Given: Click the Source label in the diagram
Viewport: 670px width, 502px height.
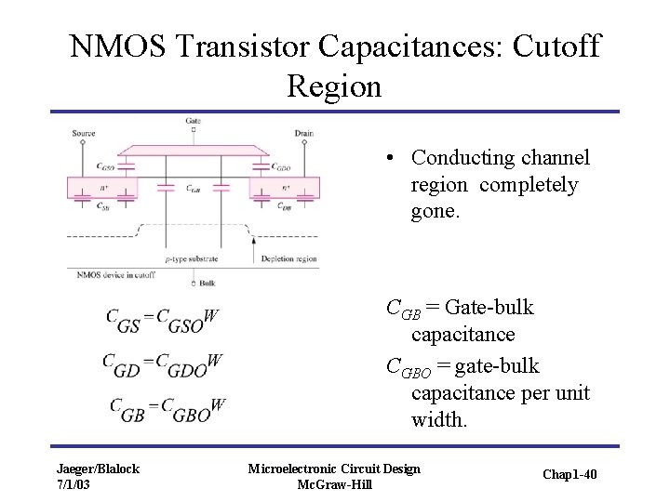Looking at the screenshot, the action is click(84, 134).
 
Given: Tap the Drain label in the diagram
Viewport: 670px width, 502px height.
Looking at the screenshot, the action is click(303, 134).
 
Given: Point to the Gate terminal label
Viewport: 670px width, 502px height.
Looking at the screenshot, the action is click(193, 121).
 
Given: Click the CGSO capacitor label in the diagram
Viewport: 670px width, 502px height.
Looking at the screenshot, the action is click(106, 168).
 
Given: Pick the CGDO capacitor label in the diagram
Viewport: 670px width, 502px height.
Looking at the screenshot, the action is click(281, 168).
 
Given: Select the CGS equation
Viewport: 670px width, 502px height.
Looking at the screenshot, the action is click(162, 320).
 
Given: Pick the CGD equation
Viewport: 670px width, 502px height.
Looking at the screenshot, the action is click(162, 363).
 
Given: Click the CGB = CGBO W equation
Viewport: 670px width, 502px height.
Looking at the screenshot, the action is click(167, 408).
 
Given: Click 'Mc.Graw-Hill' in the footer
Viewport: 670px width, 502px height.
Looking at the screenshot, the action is click(333, 485).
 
